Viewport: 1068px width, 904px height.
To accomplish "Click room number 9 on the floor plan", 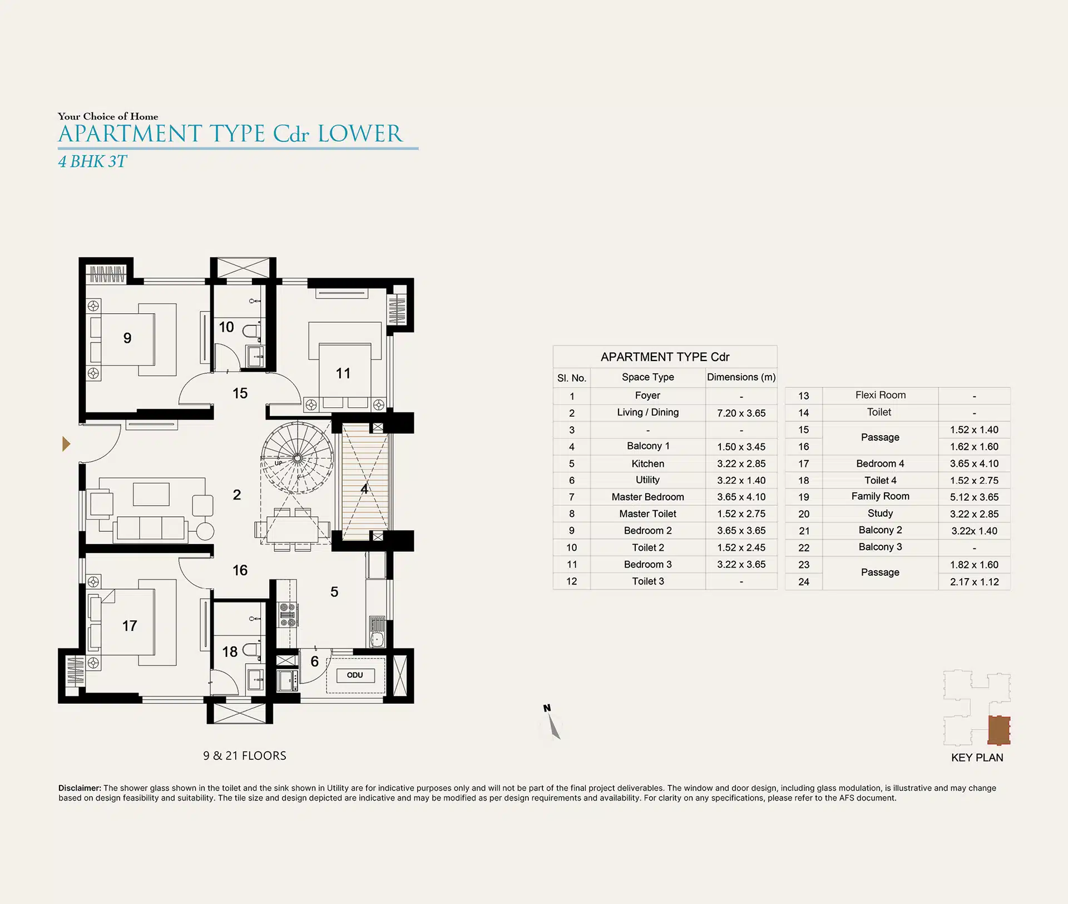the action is pyautogui.click(x=127, y=338).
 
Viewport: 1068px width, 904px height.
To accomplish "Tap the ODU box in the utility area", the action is pyautogui.click(x=355, y=675).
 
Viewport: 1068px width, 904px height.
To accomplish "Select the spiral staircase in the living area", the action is pyautogui.click(x=297, y=458).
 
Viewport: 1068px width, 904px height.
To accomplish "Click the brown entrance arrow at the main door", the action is pyautogui.click(x=66, y=444).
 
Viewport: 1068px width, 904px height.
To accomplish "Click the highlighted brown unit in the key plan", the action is pyautogui.click(x=999, y=730).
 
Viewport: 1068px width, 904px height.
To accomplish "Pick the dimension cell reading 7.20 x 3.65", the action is pyautogui.click(x=741, y=413).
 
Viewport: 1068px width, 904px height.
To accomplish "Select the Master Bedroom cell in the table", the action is pyautogui.click(x=647, y=497).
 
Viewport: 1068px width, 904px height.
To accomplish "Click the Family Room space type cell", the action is pyautogui.click(x=880, y=496).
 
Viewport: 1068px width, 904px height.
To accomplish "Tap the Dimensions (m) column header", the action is pyautogui.click(x=741, y=377).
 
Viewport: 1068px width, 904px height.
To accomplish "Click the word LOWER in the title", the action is pyautogui.click(x=359, y=134).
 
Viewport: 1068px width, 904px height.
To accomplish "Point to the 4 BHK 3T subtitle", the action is pyautogui.click(x=93, y=161).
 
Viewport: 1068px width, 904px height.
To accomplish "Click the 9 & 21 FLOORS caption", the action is pyautogui.click(x=245, y=755).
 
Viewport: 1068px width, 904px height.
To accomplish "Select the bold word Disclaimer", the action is pyautogui.click(x=80, y=788).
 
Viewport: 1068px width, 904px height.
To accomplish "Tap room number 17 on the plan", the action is pyautogui.click(x=130, y=626).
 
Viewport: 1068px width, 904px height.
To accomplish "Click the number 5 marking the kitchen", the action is pyautogui.click(x=334, y=592).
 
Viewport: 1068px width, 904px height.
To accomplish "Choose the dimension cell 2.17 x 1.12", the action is pyautogui.click(x=974, y=582).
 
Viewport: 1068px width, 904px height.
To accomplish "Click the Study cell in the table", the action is pyautogui.click(x=880, y=513).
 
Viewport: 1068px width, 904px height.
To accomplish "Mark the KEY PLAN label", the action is pyautogui.click(x=977, y=758).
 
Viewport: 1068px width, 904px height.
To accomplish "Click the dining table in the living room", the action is pyautogui.click(x=292, y=530).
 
